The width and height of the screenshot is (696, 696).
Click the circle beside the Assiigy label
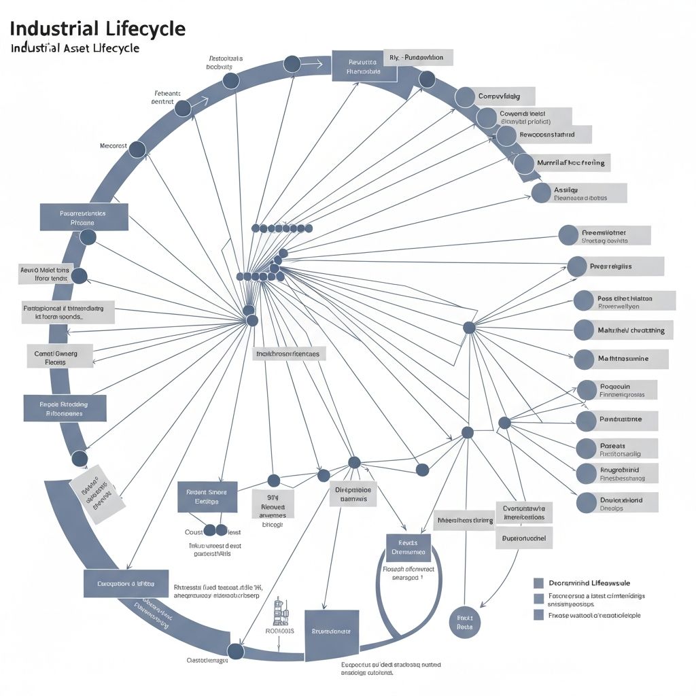541,193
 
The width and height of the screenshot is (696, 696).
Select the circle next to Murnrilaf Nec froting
523,163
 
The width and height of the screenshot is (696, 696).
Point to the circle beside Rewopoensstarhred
506,136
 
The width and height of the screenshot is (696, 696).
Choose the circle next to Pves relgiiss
576,266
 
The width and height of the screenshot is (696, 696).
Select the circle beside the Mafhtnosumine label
585,359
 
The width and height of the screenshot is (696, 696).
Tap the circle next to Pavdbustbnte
586,420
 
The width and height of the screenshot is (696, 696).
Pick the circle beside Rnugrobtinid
586,474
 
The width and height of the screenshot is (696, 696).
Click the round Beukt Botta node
465,622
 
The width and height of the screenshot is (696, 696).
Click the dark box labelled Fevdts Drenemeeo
408,547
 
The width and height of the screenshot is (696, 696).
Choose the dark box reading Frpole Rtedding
65,408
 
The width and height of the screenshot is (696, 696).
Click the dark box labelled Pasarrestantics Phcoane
83,217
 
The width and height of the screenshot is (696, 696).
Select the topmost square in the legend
539,583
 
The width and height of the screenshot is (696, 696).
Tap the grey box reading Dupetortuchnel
523,538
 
